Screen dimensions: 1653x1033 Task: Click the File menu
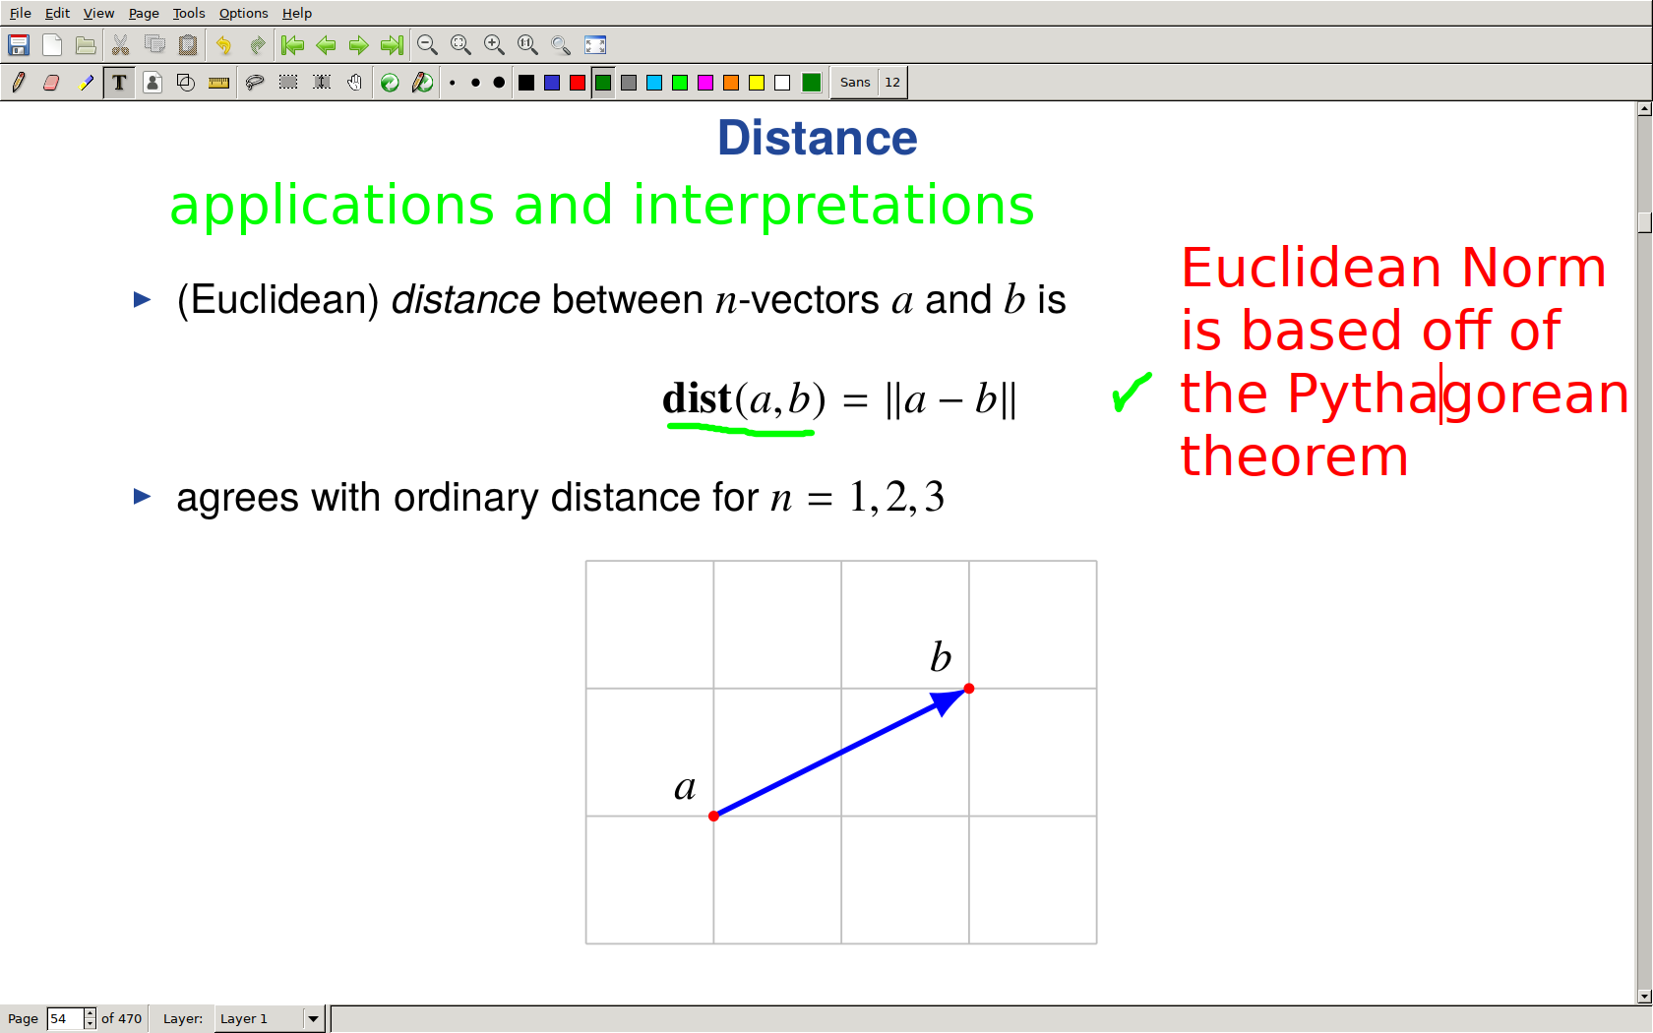pos(20,14)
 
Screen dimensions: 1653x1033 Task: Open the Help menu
pos(297,14)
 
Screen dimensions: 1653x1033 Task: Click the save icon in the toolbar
pos(19,45)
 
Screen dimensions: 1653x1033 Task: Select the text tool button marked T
pos(119,82)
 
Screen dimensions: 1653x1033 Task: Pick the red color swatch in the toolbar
pos(577,83)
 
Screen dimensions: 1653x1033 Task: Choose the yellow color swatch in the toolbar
pos(757,83)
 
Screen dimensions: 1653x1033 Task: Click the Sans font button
pos(854,82)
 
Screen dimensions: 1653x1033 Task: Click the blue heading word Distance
pos(817,138)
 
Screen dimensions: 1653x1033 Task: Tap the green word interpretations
pos(833,206)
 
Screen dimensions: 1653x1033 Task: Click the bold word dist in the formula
pos(696,398)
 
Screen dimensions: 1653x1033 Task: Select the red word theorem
pos(1295,456)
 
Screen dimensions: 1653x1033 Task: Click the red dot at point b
pos(969,689)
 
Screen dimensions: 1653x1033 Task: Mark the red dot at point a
pos(713,817)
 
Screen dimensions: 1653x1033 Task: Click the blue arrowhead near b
pos(949,700)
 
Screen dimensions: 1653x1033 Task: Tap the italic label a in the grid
pos(685,787)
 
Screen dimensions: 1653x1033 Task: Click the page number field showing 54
pos(64,1019)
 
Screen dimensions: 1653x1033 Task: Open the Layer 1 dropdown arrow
pos(313,1019)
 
